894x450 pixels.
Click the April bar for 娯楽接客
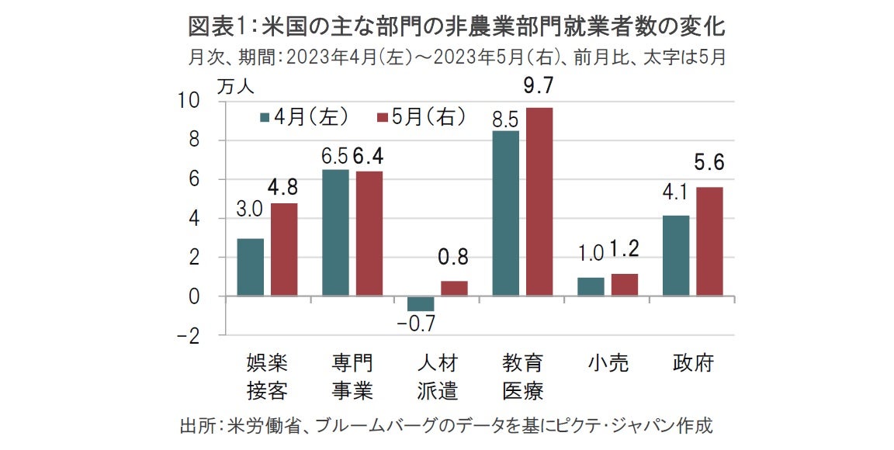click(250, 268)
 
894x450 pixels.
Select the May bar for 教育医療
click(539, 202)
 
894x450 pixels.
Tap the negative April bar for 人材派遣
click(421, 304)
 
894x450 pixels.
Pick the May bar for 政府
click(709, 241)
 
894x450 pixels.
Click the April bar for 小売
click(591, 286)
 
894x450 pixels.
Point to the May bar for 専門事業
click(369, 234)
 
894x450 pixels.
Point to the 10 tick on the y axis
click(191, 101)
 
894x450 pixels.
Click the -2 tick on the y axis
click(189, 336)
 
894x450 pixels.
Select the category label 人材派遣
click(437, 376)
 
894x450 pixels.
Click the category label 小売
click(608, 363)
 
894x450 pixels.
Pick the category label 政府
click(692, 363)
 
